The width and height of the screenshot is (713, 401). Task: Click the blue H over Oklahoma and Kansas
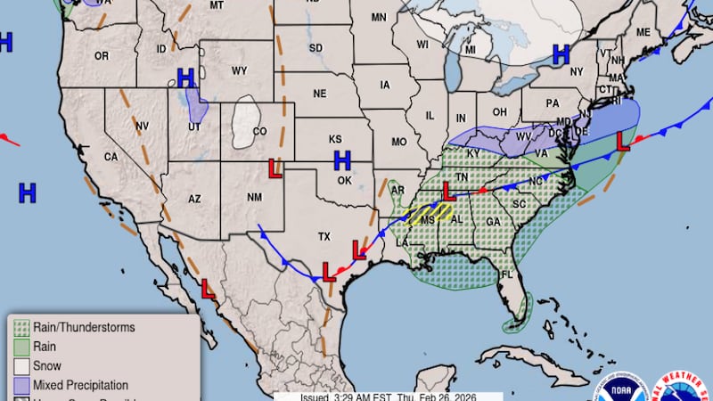342,160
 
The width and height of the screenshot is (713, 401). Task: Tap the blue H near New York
561,54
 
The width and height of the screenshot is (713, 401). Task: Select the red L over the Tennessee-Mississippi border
449,191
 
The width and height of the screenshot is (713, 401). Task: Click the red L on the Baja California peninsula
208,289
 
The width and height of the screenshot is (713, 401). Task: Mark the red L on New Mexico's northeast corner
276,168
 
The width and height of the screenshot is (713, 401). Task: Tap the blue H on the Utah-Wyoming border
185,78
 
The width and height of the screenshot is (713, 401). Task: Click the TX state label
324,237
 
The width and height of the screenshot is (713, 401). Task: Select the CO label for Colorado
259,132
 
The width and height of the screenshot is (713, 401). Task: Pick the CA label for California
111,157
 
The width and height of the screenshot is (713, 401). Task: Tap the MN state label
379,17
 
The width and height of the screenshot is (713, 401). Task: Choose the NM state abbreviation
254,197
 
